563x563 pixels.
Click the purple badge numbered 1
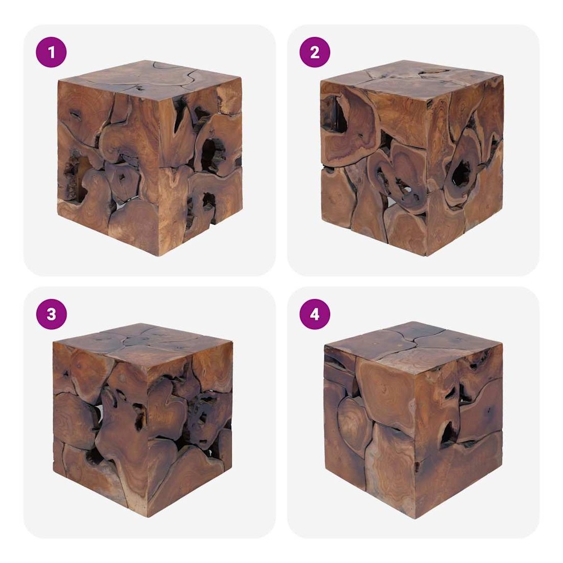51,52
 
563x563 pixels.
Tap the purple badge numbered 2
315,52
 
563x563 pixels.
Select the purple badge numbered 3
51,314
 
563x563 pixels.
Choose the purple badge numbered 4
315,314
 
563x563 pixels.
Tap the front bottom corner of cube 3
147,517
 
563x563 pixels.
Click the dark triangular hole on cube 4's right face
449,432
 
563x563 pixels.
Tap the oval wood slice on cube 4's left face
354,420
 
